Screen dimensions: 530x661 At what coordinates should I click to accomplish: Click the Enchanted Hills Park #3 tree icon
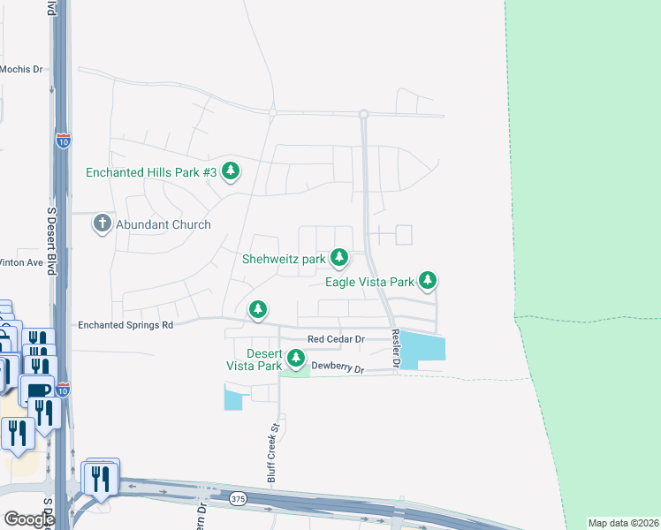click(x=231, y=170)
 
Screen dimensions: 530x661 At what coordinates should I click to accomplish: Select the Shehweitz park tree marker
click(x=338, y=259)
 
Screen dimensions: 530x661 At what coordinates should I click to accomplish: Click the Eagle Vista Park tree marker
click(x=428, y=281)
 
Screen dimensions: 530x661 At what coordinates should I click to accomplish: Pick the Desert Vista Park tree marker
click(x=296, y=359)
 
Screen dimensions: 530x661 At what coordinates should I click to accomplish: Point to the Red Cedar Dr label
click(x=336, y=339)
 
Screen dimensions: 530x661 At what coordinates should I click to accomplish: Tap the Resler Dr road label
click(x=397, y=350)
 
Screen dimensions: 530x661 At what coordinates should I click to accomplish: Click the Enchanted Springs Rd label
click(x=125, y=325)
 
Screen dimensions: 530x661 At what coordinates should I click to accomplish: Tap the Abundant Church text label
click(x=166, y=224)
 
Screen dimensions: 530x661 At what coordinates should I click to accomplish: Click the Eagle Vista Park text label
click(x=370, y=283)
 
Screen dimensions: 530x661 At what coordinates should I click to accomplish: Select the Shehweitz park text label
click(x=285, y=260)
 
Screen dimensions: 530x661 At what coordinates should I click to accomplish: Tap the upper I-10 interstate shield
click(x=62, y=140)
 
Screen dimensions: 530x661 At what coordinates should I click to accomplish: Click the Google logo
click(x=28, y=519)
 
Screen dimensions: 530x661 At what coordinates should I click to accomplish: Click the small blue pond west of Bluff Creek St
click(x=233, y=399)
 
